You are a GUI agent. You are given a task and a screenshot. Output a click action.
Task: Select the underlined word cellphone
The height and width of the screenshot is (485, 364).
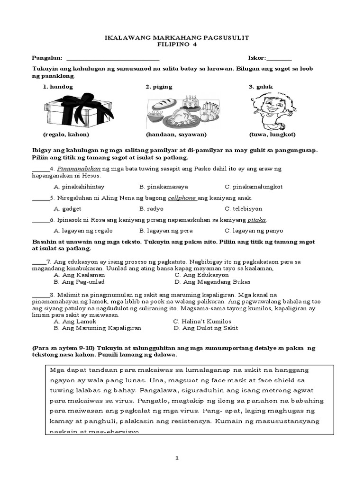tap(182, 198)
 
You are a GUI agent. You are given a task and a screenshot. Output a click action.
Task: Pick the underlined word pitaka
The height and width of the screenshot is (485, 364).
tap(257, 220)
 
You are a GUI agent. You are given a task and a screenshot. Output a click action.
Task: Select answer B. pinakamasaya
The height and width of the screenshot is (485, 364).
tap(161, 187)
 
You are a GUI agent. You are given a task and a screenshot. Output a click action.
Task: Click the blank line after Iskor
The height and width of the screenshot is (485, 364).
tap(279, 59)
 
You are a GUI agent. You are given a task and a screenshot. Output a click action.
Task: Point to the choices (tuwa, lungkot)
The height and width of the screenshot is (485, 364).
tap(272, 135)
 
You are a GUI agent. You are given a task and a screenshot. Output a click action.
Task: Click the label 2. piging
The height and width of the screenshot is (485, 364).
tap(159, 87)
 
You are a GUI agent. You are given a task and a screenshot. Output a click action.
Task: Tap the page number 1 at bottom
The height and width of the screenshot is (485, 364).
tap(177, 458)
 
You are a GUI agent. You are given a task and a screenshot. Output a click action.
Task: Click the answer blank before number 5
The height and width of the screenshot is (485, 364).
tap(40, 198)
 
